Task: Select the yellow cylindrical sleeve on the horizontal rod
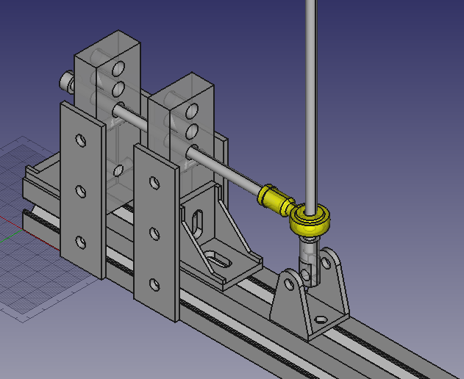pos(274,199)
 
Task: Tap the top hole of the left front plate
pos(80,140)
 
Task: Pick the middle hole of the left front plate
pos(80,192)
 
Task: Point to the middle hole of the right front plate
pos(154,234)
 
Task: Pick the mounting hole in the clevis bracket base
pos(321,320)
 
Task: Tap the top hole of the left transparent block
pos(117,70)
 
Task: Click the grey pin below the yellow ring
pos(308,257)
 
